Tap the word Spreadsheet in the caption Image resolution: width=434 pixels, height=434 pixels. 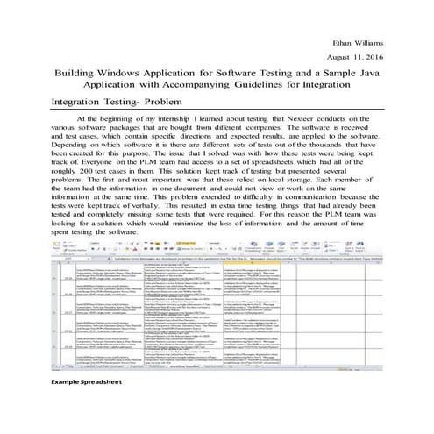pyautogui.click(x=103, y=407)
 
